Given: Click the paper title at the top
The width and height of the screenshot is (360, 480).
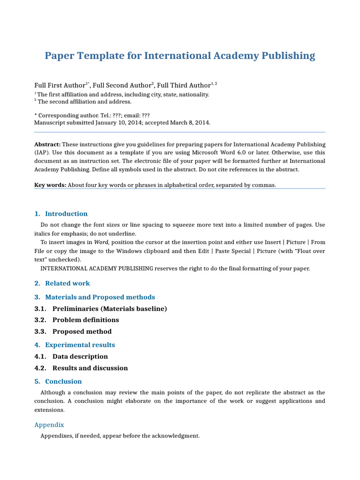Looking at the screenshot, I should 180,56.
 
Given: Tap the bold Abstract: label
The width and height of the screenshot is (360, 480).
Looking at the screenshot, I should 47,144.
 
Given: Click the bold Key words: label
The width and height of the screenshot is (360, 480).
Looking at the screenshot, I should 50,185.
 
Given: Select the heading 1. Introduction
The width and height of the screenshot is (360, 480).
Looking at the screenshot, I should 61,214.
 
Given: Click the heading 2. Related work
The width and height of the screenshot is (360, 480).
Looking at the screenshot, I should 62,283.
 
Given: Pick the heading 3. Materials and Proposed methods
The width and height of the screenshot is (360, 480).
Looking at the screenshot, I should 94,297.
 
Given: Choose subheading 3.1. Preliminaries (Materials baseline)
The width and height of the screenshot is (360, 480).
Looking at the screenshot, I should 100,308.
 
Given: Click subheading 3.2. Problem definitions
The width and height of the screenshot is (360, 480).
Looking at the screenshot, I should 76,320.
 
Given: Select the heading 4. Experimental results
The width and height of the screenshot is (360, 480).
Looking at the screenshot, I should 75,345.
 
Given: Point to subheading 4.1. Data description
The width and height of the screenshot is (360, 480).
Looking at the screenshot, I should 71,356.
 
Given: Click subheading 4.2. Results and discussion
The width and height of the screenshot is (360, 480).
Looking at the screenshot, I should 81,368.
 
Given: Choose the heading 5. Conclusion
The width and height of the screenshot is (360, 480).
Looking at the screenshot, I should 58,382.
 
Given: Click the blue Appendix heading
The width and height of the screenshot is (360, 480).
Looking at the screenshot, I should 49,425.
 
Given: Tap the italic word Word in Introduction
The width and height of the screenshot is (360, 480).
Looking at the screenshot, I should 101,242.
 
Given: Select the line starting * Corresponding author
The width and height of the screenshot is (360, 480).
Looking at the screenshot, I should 92,115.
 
